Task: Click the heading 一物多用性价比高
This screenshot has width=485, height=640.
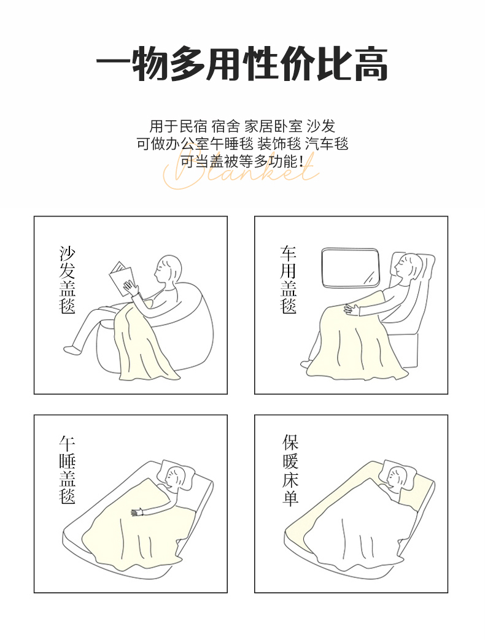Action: [x=242, y=64]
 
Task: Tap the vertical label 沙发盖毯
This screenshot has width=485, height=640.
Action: [x=67, y=280]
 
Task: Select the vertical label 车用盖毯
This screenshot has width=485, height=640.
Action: [x=288, y=280]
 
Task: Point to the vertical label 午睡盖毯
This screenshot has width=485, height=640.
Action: [x=67, y=469]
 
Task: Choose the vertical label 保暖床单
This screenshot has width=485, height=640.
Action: [x=290, y=470]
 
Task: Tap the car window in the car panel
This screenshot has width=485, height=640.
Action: [x=351, y=268]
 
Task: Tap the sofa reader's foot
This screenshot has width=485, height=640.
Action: [x=71, y=349]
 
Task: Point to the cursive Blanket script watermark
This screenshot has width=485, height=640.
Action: [x=241, y=171]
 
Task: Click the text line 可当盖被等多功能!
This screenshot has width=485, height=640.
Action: [x=242, y=161]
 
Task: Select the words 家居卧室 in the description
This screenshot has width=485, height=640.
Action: [x=273, y=126]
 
